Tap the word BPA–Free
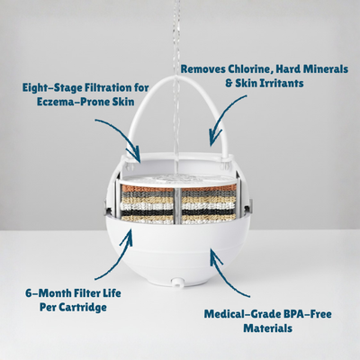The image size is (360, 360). coord(302,314)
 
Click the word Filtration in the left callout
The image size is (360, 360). coord(111,87)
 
